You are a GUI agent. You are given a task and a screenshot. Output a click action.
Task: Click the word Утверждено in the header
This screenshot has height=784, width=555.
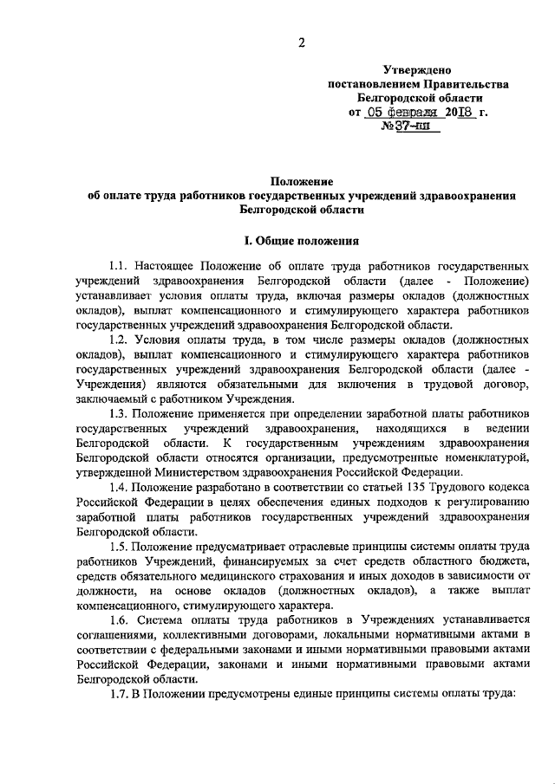pyautogui.click(x=417, y=69)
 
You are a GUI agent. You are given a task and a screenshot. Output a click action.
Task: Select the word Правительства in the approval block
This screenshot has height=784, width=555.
pyautogui.click(x=464, y=84)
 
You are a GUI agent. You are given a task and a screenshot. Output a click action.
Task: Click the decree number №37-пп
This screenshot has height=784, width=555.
pyautogui.click(x=412, y=127)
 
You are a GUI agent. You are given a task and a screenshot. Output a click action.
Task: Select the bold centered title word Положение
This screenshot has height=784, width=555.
pyautogui.click(x=301, y=181)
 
